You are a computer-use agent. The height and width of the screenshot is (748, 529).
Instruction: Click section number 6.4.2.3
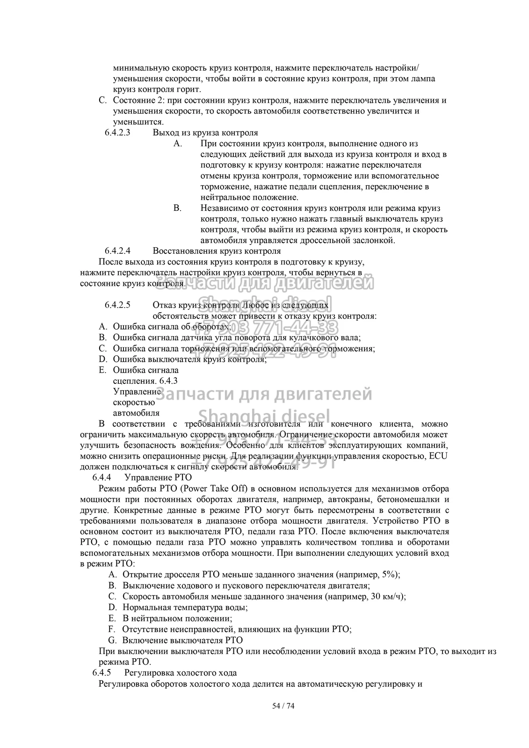(117, 132)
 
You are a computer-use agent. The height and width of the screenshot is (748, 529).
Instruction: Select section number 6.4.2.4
(117, 251)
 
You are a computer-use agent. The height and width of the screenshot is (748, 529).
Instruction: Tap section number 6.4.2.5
(117, 305)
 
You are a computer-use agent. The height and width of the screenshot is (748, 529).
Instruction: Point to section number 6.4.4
(102, 477)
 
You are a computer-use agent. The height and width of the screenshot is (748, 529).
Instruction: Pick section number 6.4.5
(102, 673)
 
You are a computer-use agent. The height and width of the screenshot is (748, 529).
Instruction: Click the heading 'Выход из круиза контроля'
(205, 132)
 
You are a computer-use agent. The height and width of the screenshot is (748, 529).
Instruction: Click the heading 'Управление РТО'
(158, 477)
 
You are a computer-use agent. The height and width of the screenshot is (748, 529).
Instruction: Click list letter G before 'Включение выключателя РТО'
(112, 640)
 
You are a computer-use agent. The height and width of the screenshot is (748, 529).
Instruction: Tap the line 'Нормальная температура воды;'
(185, 607)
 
